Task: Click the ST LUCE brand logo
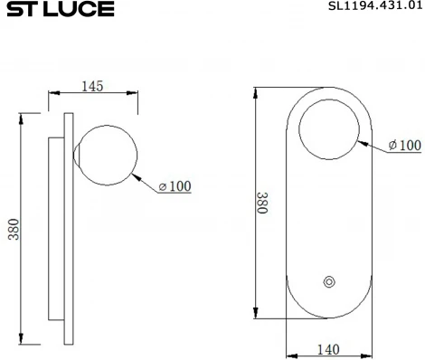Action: pos(56,10)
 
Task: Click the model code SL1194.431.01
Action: pos(373,7)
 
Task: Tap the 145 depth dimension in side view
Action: pos(92,86)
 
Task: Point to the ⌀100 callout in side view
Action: pos(175,186)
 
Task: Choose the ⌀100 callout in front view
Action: pos(404,145)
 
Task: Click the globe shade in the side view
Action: pos(109,154)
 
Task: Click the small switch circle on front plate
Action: pos(328,283)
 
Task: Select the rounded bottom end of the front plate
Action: pos(329,308)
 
